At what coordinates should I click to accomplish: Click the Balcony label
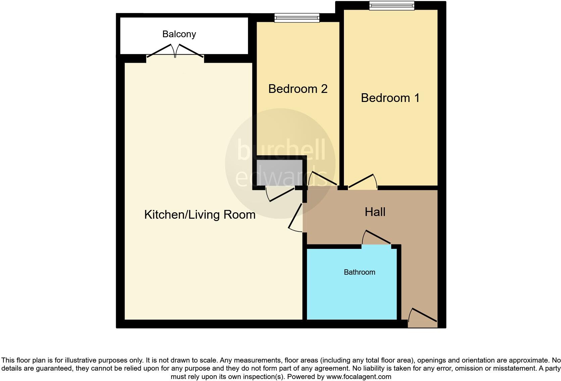click(x=179, y=34)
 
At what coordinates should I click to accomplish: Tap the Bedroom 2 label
click(x=298, y=89)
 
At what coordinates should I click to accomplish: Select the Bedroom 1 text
click(x=390, y=98)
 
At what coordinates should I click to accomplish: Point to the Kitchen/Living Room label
click(x=200, y=215)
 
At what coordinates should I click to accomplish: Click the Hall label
click(x=375, y=212)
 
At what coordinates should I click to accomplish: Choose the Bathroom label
click(x=359, y=272)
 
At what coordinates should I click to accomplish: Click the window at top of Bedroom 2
click(x=297, y=17)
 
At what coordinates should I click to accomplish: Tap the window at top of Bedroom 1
click(x=392, y=6)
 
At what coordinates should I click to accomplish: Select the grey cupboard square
click(x=279, y=172)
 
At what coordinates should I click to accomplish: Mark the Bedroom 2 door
click(x=322, y=179)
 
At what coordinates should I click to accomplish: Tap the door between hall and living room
click(x=296, y=218)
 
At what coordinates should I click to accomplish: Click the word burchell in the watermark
click(x=281, y=150)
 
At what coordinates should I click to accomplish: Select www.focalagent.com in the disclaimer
click(x=359, y=377)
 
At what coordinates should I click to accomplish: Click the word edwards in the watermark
click(x=281, y=177)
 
